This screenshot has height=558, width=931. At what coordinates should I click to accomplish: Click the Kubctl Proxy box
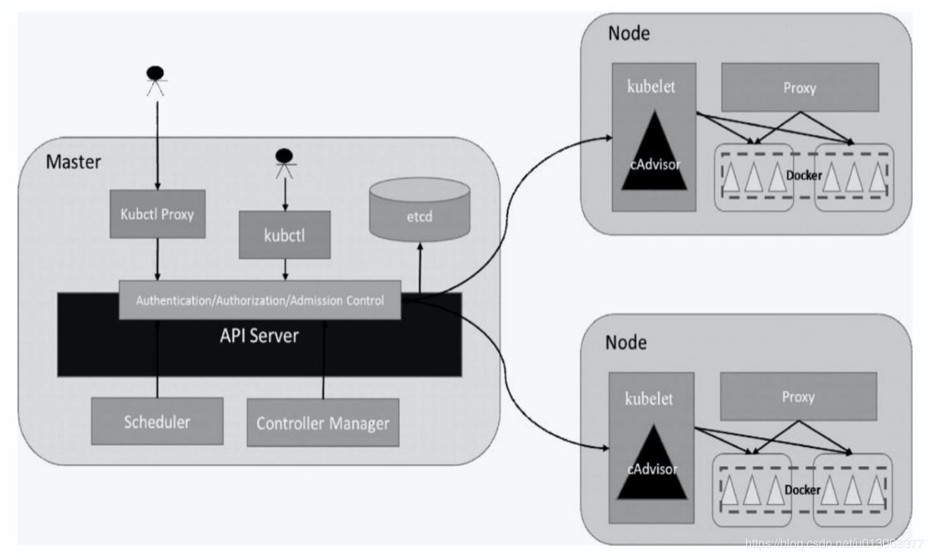[157, 214]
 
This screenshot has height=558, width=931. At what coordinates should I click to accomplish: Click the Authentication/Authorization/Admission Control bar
[260, 299]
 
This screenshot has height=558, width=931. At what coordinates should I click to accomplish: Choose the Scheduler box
[157, 422]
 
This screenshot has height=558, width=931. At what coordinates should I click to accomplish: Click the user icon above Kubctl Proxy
[156, 78]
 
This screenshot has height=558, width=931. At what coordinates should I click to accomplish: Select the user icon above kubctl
[284, 161]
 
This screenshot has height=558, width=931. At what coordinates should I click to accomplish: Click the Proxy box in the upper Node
[799, 88]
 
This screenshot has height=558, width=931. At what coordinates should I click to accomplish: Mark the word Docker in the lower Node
[802, 490]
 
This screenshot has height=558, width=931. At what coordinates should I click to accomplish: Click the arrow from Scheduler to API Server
[157, 356]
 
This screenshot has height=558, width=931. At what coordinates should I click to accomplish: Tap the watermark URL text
[834, 544]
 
